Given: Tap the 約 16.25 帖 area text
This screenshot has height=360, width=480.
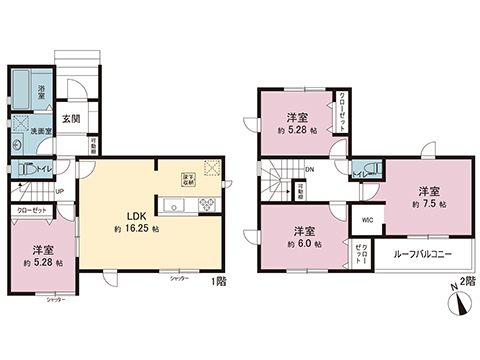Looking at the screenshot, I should pyautogui.click(x=137, y=228).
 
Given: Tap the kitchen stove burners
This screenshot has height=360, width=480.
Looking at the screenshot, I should pyautogui.click(x=208, y=206).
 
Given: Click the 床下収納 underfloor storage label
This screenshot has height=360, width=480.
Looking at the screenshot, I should pyautogui.click(x=187, y=180).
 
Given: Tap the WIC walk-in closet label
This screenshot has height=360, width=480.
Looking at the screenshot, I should pyautogui.click(x=367, y=219).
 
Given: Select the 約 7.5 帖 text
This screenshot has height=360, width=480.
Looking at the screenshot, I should pyautogui.click(x=428, y=202).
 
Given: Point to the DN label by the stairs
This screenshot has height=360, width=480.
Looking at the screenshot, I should pyautogui.click(x=310, y=169).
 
